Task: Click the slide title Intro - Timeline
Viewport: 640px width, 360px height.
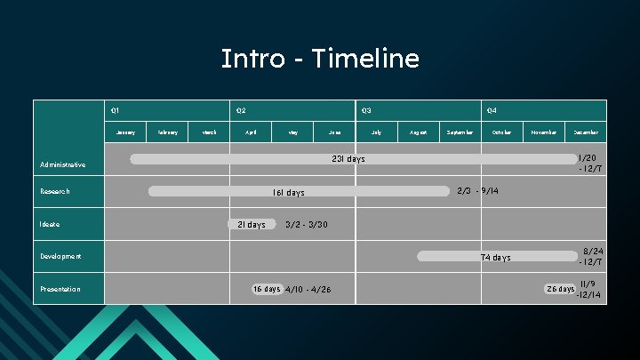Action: point(320,59)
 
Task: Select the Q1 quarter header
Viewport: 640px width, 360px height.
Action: point(115,110)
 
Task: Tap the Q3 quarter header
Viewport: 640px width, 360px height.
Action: point(365,110)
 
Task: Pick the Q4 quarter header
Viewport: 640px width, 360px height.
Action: point(492,110)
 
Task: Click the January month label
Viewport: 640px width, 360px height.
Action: point(126,132)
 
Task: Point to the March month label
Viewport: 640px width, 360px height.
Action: point(210,132)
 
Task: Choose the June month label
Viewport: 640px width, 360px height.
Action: point(335,132)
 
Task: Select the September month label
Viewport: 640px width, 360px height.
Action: point(460,132)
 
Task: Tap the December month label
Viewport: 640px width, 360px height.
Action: point(586,132)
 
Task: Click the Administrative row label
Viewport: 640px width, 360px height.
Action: point(63,164)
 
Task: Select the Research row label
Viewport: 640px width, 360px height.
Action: point(54,191)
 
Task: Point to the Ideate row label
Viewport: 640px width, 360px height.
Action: point(50,224)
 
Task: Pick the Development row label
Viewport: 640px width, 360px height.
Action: point(60,256)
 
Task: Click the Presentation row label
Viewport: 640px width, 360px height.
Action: point(60,289)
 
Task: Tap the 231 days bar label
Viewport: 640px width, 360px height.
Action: point(348,159)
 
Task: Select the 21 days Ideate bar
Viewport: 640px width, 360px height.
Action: point(251,224)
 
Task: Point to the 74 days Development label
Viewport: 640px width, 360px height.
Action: point(496,257)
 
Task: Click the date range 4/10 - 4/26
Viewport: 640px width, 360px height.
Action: point(308,290)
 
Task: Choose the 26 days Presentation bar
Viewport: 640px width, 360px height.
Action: point(560,289)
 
